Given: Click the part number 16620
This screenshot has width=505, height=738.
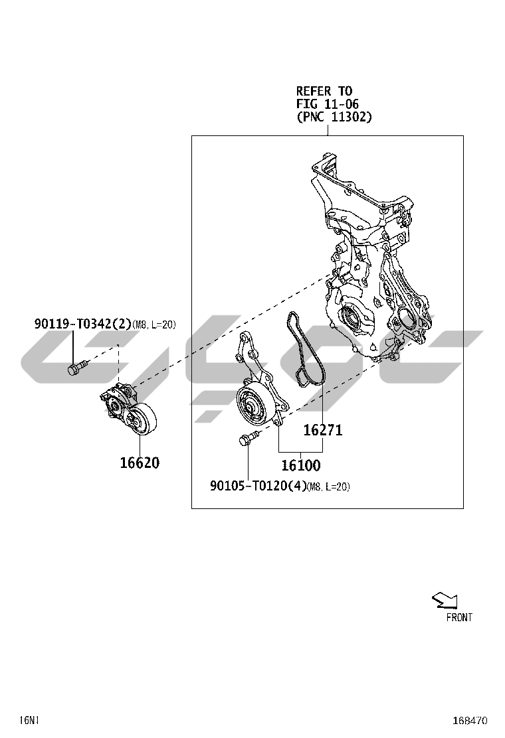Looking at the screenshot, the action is (x=140, y=463).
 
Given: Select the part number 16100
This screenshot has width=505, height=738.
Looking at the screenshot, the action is (x=301, y=465).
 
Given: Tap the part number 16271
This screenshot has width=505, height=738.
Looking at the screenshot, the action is (x=323, y=429).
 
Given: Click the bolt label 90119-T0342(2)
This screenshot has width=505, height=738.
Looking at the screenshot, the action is (x=82, y=324).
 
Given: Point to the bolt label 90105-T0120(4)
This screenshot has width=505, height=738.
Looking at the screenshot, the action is (x=258, y=486).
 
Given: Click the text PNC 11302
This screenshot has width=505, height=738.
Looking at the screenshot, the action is (x=334, y=117).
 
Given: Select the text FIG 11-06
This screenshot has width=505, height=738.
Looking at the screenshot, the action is (x=328, y=104).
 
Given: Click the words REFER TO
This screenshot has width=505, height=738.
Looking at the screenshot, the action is (x=324, y=90).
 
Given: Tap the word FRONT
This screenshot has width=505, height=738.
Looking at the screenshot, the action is (x=459, y=617).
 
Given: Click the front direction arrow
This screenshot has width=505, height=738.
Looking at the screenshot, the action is (x=445, y=600).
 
